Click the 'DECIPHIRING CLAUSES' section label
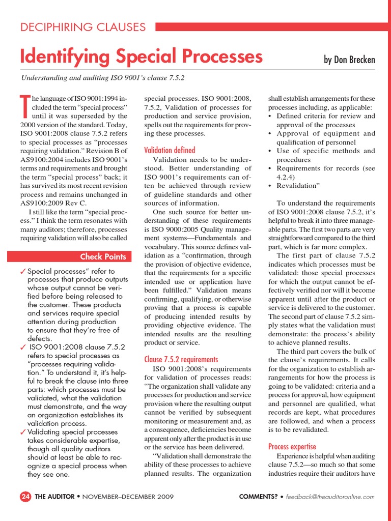pyautogui.click(x=83, y=27)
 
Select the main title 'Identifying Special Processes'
pyautogui.click(x=141, y=56)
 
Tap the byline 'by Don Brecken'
pyautogui.click(x=349, y=60)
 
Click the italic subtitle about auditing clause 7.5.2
pyautogui.click(x=102, y=78)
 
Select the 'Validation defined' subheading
pyautogui.click(x=170, y=150)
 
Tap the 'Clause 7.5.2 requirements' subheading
pyautogui.click(x=181, y=359)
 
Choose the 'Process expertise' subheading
pyautogui.click(x=292, y=447)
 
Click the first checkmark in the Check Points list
pyautogui.click(x=23, y=272)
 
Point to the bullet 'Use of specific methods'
pyautogui.click(x=325, y=151)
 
